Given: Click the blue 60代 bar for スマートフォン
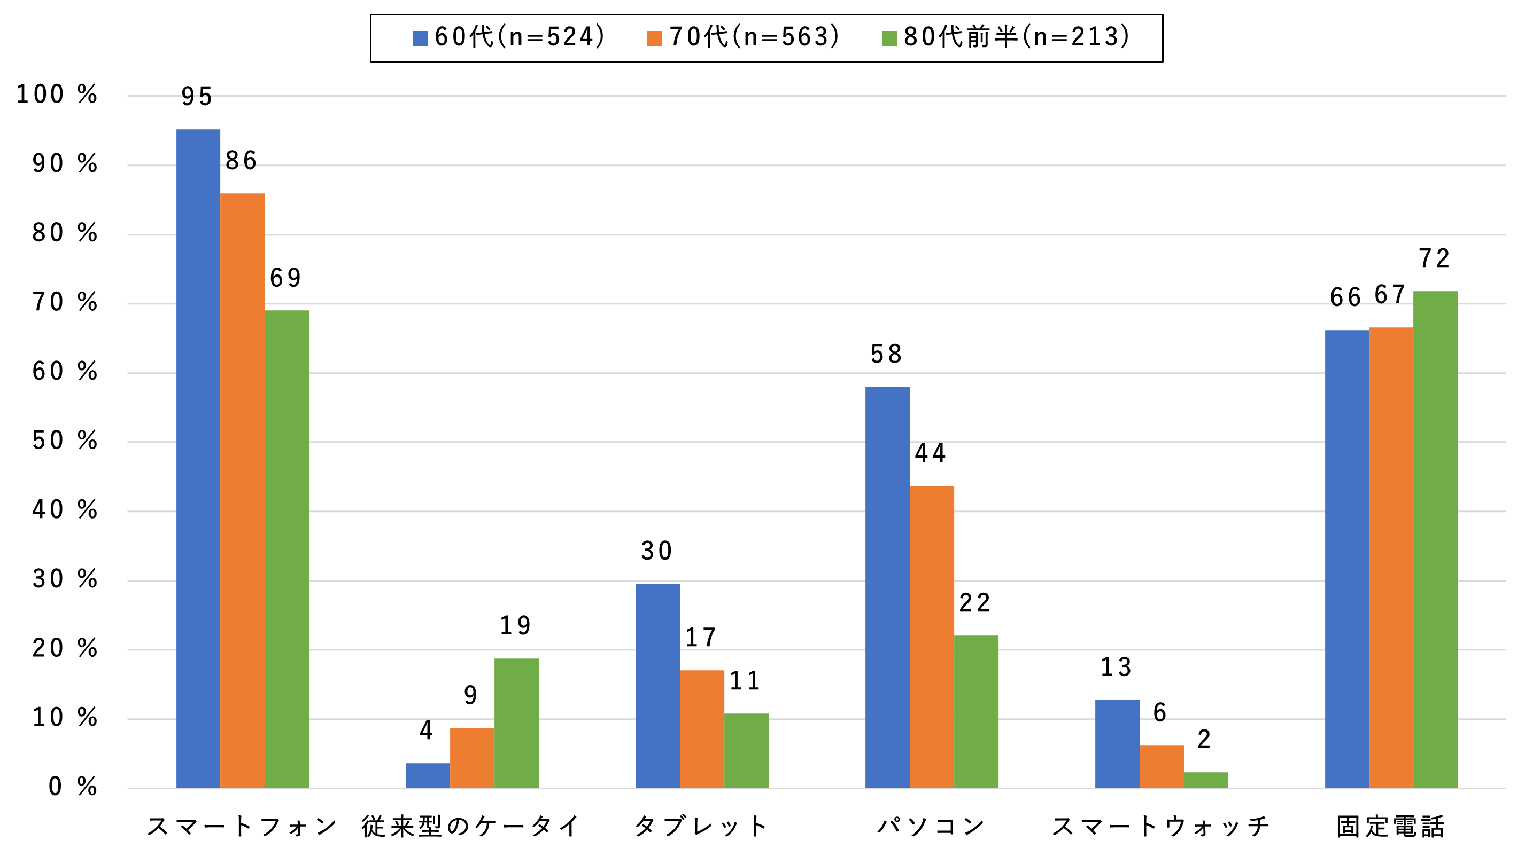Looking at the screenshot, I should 198,458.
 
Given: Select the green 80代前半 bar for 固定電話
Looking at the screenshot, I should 1435,539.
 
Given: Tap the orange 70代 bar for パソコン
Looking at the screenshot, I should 931,637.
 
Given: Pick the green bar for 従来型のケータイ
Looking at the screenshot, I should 516,722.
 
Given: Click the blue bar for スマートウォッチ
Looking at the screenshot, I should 1117,743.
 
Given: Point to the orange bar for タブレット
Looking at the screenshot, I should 702,728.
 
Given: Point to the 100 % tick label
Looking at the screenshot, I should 57,95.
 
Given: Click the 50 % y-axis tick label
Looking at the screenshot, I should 64,441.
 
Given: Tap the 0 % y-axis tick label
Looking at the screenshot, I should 72,787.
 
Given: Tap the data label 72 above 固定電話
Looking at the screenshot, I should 1434,258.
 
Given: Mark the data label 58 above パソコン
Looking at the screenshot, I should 886,355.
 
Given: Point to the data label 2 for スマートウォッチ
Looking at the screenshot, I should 1204,740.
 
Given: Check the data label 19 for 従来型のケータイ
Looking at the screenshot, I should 515,625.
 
